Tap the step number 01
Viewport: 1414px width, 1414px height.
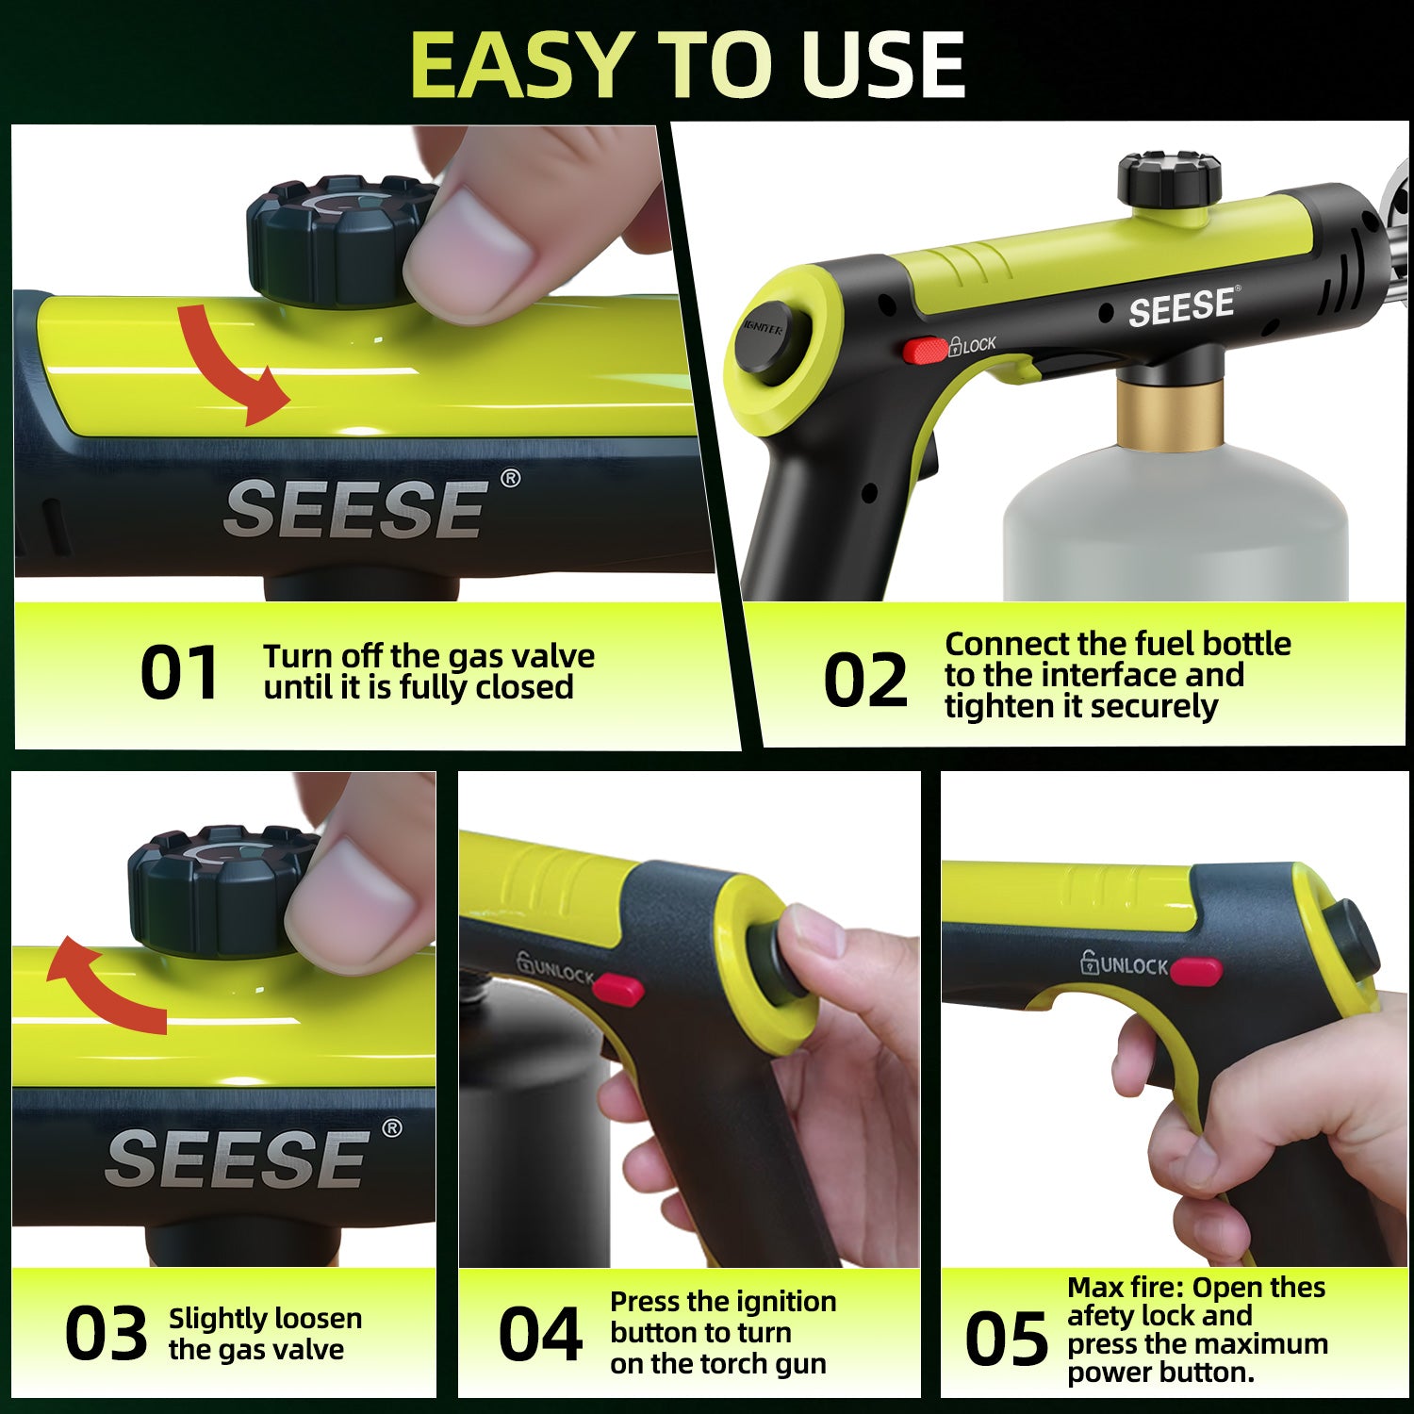[179, 673]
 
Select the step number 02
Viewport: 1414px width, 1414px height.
[864, 681]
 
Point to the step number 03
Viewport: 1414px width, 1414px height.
[106, 1334]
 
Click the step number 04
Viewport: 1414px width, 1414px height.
[539, 1335]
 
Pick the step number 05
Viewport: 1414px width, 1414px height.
[1005, 1339]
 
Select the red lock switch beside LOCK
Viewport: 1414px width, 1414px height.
[925, 350]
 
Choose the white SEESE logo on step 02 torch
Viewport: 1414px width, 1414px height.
[1181, 308]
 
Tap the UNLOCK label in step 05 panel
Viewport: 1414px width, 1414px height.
[1125, 965]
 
